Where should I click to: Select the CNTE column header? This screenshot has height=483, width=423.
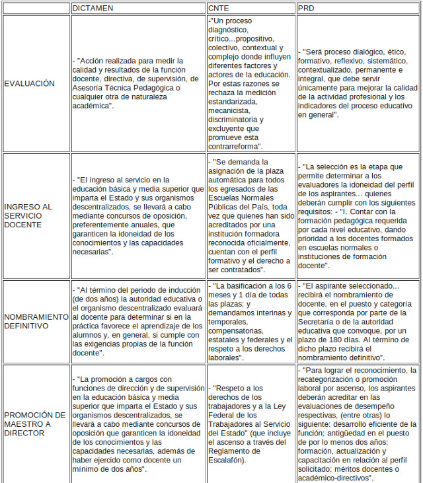pyautogui.click(x=219, y=8)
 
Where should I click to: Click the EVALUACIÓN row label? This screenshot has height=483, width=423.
pyautogui.click(x=30, y=84)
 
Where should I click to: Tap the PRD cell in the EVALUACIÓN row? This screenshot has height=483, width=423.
pyautogui.click(x=357, y=84)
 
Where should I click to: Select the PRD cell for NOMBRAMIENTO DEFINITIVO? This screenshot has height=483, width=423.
pyautogui.click(x=357, y=321)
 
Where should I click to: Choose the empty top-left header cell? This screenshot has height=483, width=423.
pyautogui.click(x=36, y=8)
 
